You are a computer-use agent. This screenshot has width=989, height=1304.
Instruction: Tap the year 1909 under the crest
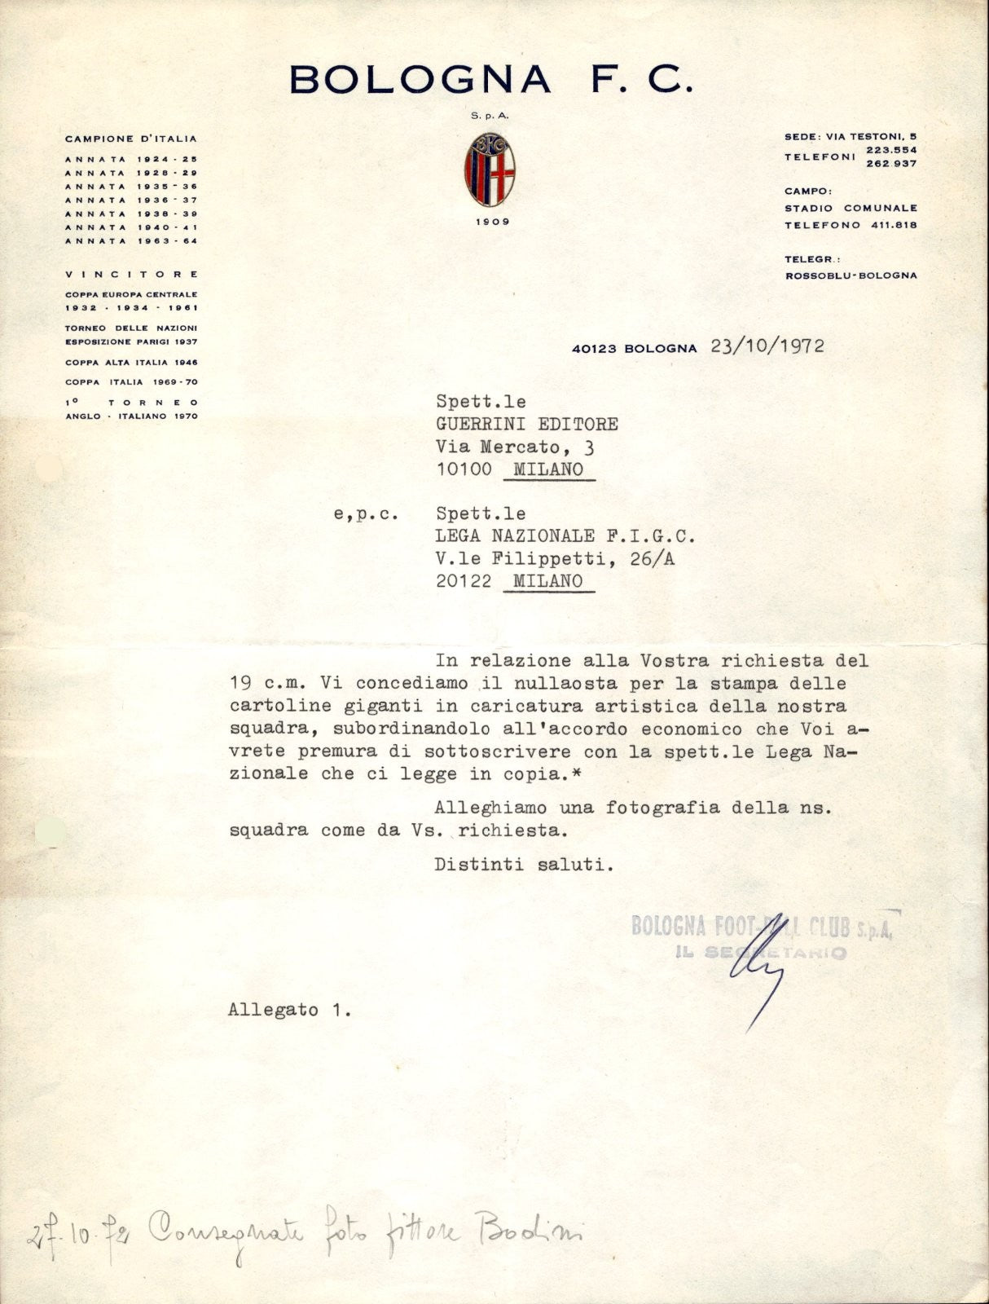(490, 221)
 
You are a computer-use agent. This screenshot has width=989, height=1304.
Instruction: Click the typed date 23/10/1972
(767, 346)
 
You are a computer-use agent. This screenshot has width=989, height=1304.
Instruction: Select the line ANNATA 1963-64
(131, 241)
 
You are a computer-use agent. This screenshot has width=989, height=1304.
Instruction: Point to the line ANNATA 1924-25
(131, 160)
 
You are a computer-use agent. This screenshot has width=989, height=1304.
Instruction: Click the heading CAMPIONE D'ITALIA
(131, 139)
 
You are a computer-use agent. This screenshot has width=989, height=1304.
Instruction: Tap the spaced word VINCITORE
(131, 275)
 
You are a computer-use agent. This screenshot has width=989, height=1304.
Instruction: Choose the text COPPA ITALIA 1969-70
(131, 382)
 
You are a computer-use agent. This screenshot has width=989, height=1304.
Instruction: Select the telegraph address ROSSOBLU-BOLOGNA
(851, 275)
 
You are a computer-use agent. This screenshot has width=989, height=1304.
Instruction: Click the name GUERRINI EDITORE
(527, 424)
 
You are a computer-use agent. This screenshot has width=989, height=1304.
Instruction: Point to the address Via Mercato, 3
(515, 447)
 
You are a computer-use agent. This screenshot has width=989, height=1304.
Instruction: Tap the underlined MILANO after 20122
(548, 581)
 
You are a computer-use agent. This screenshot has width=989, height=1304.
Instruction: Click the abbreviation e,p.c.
(365, 514)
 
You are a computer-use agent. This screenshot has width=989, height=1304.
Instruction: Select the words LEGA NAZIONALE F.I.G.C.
(565, 536)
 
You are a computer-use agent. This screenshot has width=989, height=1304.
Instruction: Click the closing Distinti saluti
(523, 865)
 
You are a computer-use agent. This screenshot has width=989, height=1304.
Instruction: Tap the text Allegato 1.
(290, 1010)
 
